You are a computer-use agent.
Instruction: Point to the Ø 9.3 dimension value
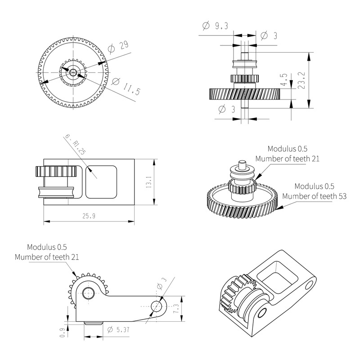[x=215, y=26]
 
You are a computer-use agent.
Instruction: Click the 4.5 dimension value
[x=283, y=80]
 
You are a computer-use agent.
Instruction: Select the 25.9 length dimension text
[x=89, y=216]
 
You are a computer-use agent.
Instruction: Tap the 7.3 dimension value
[x=176, y=309]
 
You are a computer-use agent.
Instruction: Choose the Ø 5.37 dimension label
[x=119, y=329]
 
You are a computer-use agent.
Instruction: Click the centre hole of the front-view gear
[x=72, y=71]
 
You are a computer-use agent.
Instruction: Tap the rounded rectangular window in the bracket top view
[x=101, y=182]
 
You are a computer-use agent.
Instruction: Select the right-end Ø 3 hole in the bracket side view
[x=157, y=306]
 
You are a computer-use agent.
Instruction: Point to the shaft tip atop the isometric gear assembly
[x=242, y=162]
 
